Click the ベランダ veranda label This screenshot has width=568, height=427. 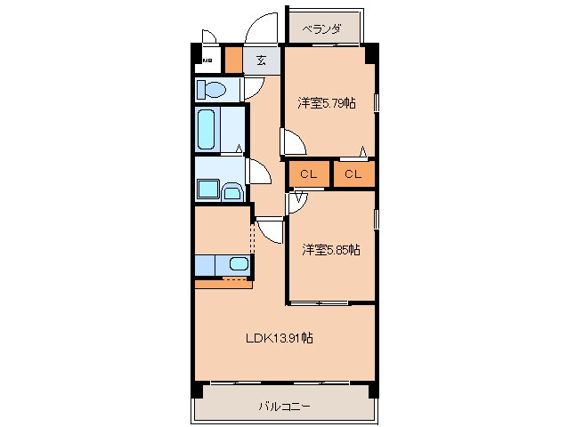(x=321, y=29)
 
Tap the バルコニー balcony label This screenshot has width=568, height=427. (x=284, y=407)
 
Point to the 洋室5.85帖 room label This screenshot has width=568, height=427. (x=329, y=250)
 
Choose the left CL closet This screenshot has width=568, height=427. (x=308, y=174)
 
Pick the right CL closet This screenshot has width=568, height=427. (x=353, y=174)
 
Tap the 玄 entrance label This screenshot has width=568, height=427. (x=262, y=60)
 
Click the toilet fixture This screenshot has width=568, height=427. (x=214, y=90)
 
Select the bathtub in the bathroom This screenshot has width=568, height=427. (x=207, y=130)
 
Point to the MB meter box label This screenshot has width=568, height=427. (x=207, y=61)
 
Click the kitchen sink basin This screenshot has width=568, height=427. (x=238, y=263)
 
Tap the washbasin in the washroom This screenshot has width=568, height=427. (x=232, y=190)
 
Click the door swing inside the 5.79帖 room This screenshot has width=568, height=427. (x=292, y=141)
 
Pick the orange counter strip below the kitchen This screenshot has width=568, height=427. (x=223, y=282)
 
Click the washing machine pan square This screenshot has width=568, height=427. (x=210, y=189)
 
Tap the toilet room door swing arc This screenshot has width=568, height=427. (x=254, y=87)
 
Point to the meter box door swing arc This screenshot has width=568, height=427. (x=210, y=37)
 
